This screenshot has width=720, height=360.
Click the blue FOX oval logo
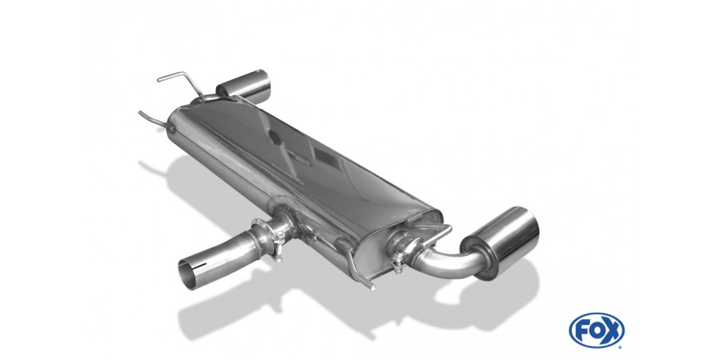tap(596, 331)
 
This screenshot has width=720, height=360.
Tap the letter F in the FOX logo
tap(583, 331)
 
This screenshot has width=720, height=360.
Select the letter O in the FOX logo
tap(596, 331)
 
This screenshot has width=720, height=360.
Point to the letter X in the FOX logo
tap(612, 331)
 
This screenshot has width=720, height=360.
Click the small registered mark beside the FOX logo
tap(620, 347)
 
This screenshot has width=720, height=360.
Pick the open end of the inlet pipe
tap(190, 274)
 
